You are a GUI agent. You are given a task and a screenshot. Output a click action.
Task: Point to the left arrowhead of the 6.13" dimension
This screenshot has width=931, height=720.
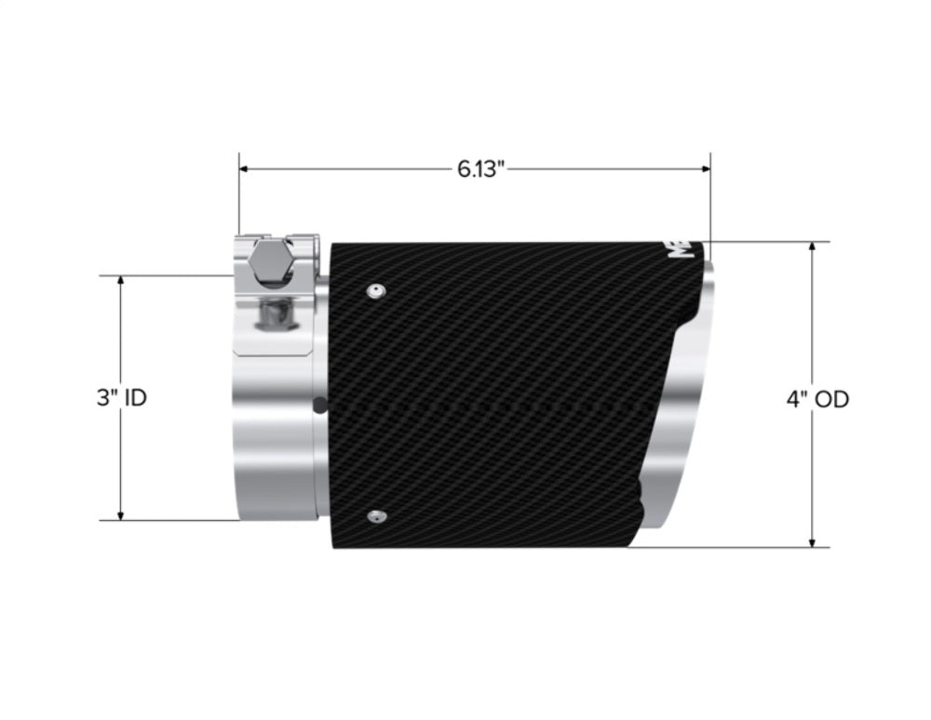tap(245, 169)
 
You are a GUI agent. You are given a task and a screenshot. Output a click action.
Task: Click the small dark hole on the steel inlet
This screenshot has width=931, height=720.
tap(321, 406)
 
